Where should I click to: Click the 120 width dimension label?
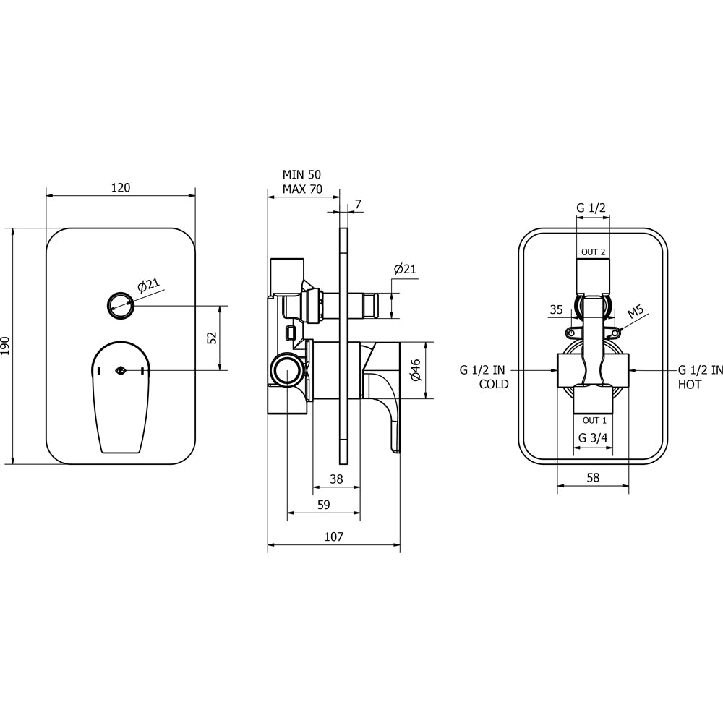[x=121, y=188]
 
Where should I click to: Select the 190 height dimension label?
[x=5, y=346]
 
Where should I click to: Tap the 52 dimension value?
[x=213, y=338]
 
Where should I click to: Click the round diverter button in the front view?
[x=121, y=305]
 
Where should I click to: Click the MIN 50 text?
[x=301, y=175]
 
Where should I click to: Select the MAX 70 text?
[x=302, y=189]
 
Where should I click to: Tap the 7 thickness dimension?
[x=359, y=204]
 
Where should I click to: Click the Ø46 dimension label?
[x=416, y=369]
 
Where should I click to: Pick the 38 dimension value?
[x=337, y=479]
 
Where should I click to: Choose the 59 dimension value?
[x=324, y=505]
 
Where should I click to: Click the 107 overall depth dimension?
[x=334, y=536]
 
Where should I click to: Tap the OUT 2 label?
[x=593, y=252]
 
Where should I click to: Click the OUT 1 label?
[x=594, y=421]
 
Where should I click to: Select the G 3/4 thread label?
[x=593, y=438]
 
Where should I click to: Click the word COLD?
[x=494, y=384]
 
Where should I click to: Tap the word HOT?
[x=689, y=384]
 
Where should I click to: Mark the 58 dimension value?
[x=593, y=477]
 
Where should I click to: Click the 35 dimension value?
[x=557, y=309]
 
